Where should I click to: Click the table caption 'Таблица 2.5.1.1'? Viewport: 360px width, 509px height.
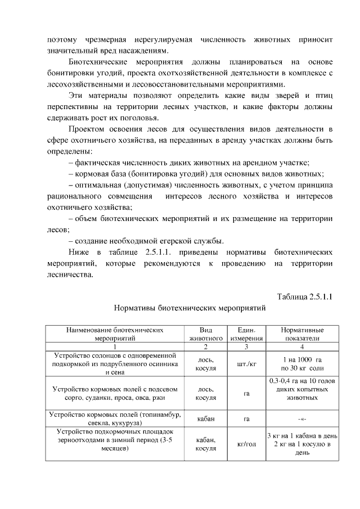[x=304, y=296]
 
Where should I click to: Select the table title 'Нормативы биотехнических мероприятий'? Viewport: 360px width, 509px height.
[x=189, y=308]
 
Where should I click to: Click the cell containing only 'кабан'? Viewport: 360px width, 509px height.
[x=205, y=418]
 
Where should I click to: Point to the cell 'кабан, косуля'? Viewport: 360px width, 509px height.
[x=205, y=444]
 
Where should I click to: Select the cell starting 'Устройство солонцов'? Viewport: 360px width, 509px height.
[x=115, y=364]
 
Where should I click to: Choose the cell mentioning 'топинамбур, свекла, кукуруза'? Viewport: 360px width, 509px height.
[x=115, y=418]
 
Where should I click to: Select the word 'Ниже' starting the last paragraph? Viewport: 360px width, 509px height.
[x=78, y=252]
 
